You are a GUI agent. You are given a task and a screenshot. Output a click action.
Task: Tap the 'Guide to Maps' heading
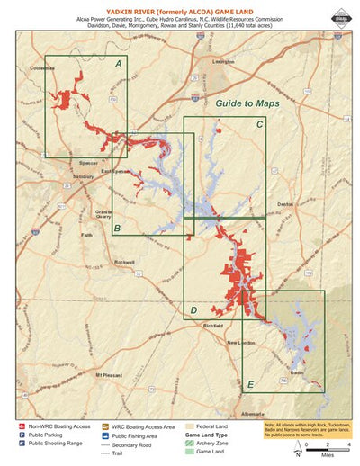pyautogui.click(x=247, y=104)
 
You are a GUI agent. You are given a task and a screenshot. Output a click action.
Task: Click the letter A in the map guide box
pyautogui.click(x=118, y=65)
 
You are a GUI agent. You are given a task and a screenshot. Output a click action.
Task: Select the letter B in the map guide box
pyautogui.click(x=117, y=229)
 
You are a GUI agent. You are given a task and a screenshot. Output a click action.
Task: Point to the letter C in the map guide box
pyautogui.click(x=259, y=124)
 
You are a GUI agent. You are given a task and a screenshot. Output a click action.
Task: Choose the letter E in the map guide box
pyautogui.click(x=249, y=385)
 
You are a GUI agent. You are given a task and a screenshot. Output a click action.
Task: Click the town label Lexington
pyautogui.click(x=222, y=62)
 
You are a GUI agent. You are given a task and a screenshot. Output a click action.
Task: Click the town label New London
pyautogui.click(x=240, y=343)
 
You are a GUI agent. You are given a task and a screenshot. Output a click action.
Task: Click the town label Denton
pyautogui.click(x=285, y=204)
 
